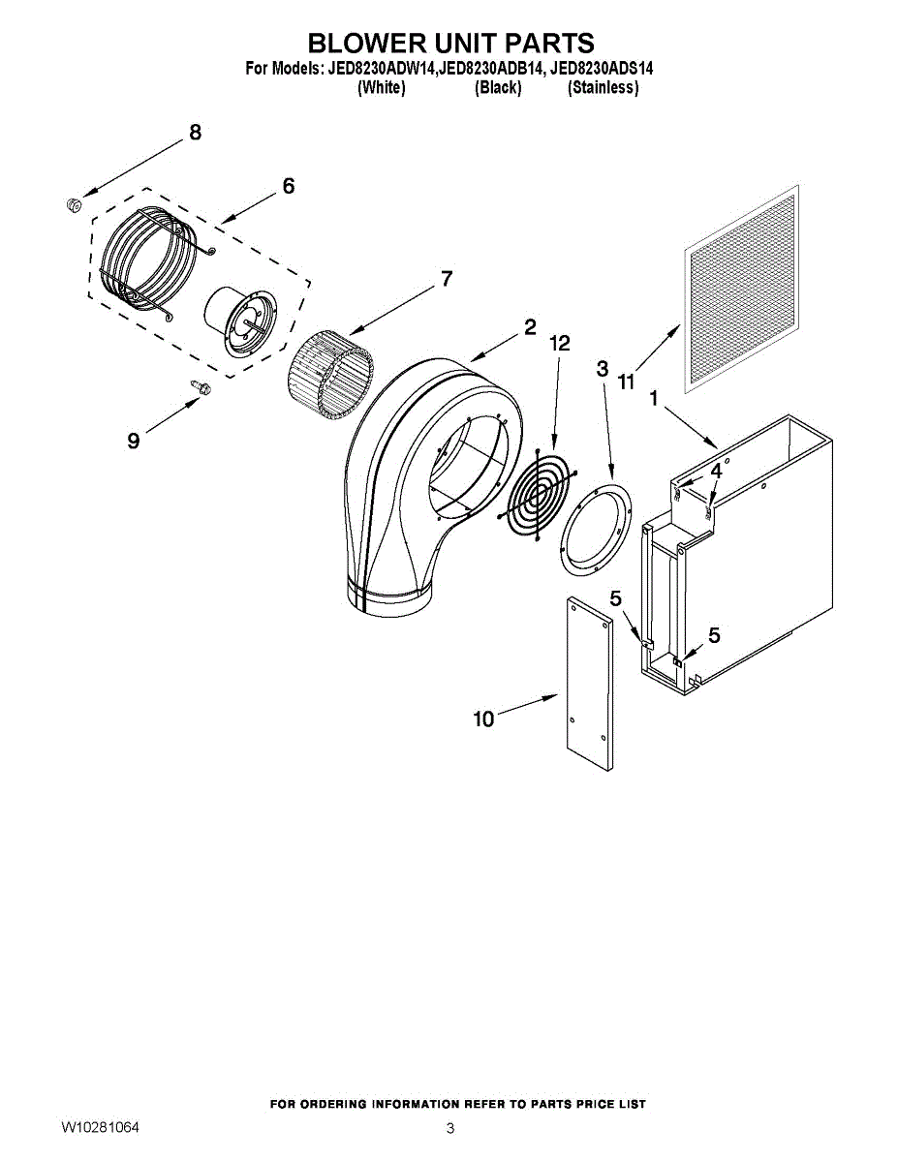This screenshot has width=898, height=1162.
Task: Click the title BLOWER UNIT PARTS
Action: pyautogui.click(x=450, y=44)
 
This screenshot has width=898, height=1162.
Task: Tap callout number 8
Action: pyautogui.click(x=195, y=133)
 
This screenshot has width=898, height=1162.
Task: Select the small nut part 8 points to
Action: pyautogui.click(x=72, y=203)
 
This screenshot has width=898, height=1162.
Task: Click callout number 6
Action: pyautogui.click(x=288, y=186)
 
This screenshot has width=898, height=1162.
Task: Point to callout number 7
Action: pyautogui.click(x=446, y=279)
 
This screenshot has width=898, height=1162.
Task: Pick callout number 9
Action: pyautogui.click(x=133, y=441)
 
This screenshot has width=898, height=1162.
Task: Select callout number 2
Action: pyautogui.click(x=529, y=327)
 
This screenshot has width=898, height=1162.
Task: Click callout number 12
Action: pyautogui.click(x=559, y=343)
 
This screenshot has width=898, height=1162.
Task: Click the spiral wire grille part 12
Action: pyautogui.click(x=540, y=491)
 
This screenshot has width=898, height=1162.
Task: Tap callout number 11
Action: pyautogui.click(x=627, y=382)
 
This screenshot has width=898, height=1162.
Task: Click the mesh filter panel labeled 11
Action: pyautogui.click(x=742, y=289)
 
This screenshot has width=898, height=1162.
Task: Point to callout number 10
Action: pyautogui.click(x=482, y=719)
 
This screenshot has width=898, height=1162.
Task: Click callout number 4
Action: pyautogui.click(x=715, y=471)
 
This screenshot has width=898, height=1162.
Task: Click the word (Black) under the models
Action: pyautogui.click(x=498, y=87)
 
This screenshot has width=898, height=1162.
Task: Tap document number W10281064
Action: pyautogui.click(x=100, y=1127)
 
